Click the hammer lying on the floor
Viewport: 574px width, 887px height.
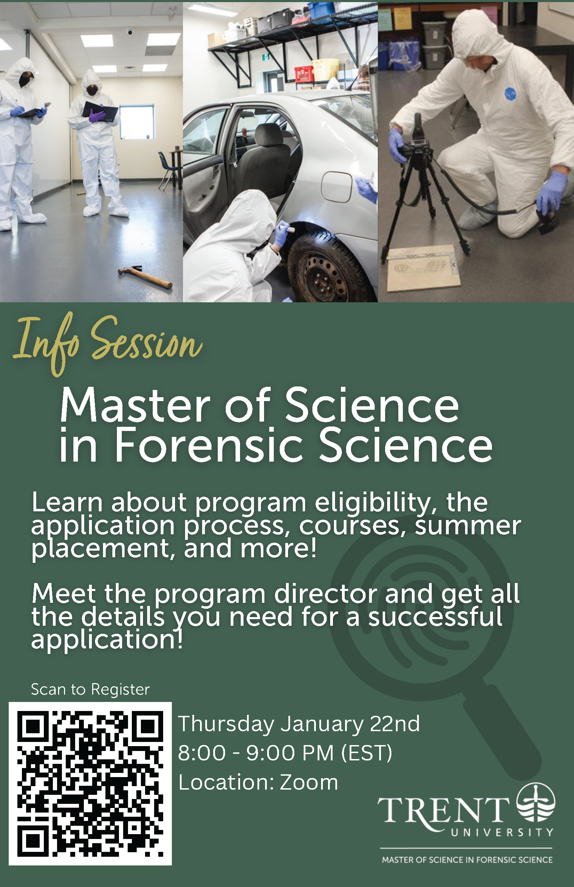pos(145,277)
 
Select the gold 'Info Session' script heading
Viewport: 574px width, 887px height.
pos(108,343)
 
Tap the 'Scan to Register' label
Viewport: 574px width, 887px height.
pos(90,689)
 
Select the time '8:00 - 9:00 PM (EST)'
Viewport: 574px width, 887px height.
pos(285,752)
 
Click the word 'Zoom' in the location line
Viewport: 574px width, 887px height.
pos(309,782)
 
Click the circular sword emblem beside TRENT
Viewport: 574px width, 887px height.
pos(536,802)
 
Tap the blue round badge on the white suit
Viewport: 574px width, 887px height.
pos(510,93)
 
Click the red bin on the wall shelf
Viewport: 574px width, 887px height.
pos(304,73)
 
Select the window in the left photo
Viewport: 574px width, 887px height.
pos(137,122)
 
